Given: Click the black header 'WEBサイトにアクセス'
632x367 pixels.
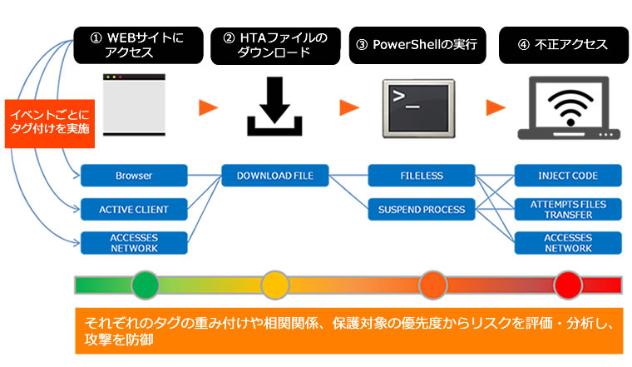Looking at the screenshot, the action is click(x=138, y=45).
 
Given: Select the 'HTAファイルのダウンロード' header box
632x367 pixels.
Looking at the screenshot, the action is click(x=275, y=46).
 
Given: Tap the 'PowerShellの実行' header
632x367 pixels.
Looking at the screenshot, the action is click(x=417, y=45).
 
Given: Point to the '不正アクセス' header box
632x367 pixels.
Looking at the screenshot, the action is click(x=564, y=45).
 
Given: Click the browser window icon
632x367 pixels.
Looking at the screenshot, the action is click(x=134, y=105).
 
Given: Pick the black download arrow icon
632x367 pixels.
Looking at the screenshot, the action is click(x=274, y=106).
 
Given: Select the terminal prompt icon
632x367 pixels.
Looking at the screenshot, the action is click(x=419, y=108).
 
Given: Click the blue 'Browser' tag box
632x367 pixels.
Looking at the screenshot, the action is click(x=134, y=176).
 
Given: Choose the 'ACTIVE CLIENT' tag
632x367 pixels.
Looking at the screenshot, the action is click(x=134, y=210).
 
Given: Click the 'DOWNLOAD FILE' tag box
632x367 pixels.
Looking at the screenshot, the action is click(x=275, y=176).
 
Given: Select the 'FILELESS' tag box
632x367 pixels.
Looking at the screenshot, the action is click(x=422, y=176).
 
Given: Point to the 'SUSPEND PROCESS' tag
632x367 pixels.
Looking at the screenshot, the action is click(x=422, y=210).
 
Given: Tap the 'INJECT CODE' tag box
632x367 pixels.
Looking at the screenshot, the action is click(x=568, y=176).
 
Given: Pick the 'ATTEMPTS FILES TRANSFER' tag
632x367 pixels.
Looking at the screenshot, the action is click(x=568, y=210).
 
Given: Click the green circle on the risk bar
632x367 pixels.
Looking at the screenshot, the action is click(x=146, y=285).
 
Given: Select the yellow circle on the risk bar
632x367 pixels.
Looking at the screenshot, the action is click(x=275, y=285).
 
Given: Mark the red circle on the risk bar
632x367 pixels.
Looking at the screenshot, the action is click(x=568, y=285).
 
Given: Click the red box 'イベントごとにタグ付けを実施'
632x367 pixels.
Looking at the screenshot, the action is click(x=50, y=124).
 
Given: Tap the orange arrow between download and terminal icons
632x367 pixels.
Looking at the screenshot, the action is click(x=349, y=107).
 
